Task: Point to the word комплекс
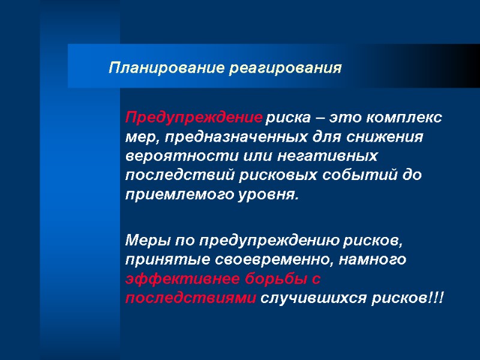(408, 117)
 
